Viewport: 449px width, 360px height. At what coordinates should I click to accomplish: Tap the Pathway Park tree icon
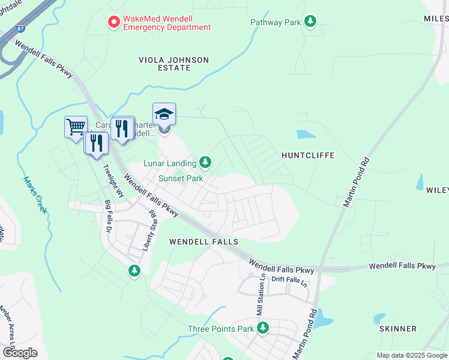(x=310, y=22)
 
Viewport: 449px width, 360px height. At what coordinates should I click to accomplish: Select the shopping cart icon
(x=76, y=127)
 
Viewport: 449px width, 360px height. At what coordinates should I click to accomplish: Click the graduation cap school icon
(x=164, y=113)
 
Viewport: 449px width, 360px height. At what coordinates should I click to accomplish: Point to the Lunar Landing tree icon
(x=205, y=163)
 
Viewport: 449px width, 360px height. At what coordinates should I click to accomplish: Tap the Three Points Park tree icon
(x=263, y=328)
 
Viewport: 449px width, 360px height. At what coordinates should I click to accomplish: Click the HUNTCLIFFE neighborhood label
(x=308, y=155)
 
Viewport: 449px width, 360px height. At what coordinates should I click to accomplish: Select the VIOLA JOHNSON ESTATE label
(x=173, y=64)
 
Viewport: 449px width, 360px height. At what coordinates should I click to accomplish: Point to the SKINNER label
(x=398, y=329)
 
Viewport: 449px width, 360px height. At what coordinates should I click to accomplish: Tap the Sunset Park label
(x=181, y=178)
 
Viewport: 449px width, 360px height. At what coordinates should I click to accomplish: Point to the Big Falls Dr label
(x=109, y=216)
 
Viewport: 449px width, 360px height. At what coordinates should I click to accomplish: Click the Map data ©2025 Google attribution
(x=412, y=355)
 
